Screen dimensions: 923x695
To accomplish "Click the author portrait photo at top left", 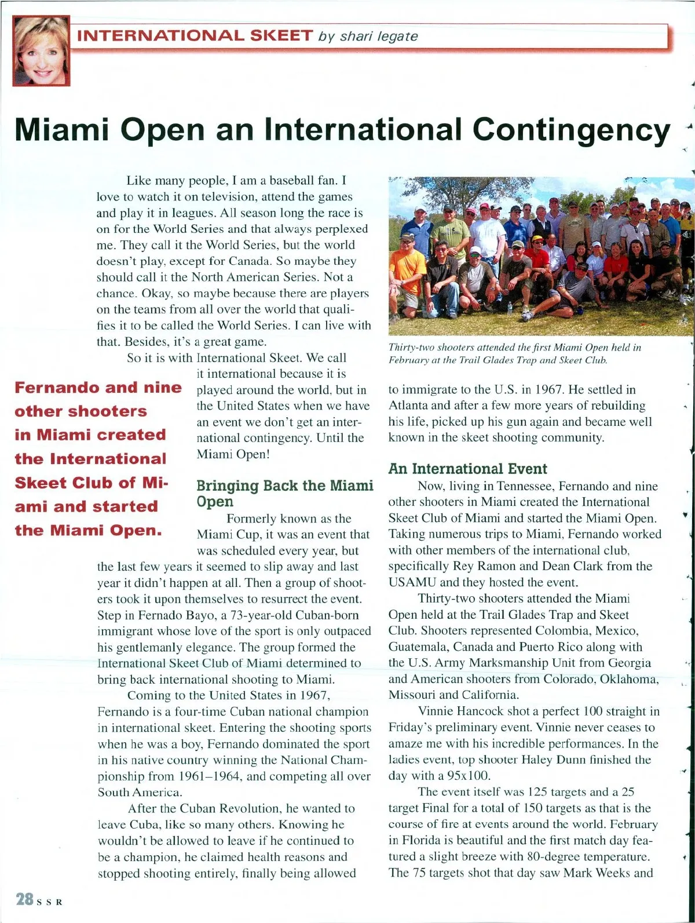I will click(41, 51).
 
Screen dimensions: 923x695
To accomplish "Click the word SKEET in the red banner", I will click(280, 35).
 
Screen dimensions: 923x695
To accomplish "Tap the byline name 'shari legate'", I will click(379, 36).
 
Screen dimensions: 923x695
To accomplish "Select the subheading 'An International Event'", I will click(467, 468).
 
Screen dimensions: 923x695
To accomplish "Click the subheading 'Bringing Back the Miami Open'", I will click(284, 493).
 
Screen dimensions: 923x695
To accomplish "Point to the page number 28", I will click(24, 899).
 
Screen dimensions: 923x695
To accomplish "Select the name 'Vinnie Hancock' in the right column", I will click(460, 711).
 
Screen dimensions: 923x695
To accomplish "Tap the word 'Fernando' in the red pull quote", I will click(54, 387).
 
